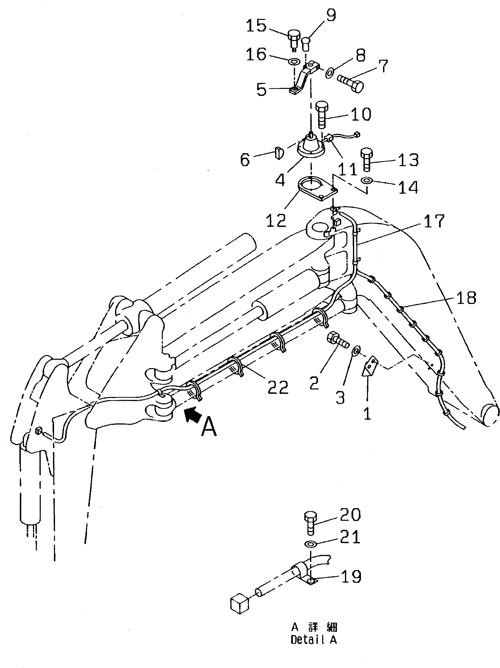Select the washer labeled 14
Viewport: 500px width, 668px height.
tap(367, 181)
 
